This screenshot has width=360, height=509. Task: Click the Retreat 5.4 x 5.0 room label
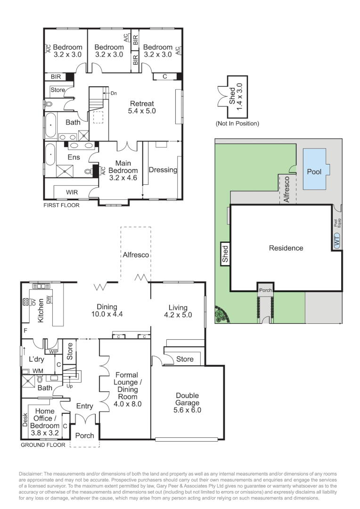(x=141, y=107)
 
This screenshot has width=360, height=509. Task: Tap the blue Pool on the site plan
(x=314, y=171)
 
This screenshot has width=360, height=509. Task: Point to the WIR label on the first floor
(x=72, y=192)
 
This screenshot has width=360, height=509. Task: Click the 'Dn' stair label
(x=114, y=93)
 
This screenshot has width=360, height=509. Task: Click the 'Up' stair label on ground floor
(x=70, y=386)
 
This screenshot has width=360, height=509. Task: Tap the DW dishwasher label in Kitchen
(x=48, y=300)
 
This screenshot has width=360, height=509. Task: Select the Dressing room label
(x=163, y=170)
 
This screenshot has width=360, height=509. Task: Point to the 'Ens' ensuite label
(x=74, y=157)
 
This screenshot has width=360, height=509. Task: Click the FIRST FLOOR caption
(x=61, y=205)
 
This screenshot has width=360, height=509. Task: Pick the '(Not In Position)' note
(x=237, y=124)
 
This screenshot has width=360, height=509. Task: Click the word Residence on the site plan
(x=286, y=248)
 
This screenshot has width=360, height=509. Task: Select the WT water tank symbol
(x=336, y=241)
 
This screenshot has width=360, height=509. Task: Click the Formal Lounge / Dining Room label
(x=126, y=389)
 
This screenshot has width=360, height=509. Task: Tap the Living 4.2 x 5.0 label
(x=178, y=311)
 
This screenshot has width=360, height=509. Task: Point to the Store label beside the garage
(x=184, y=359)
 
